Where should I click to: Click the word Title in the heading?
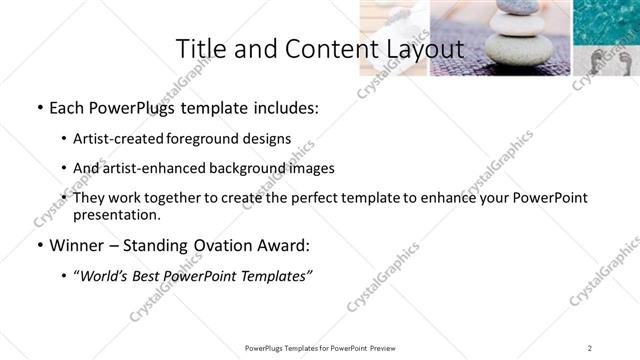199,49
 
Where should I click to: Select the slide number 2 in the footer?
590,348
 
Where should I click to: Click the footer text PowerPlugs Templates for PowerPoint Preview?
320,348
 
